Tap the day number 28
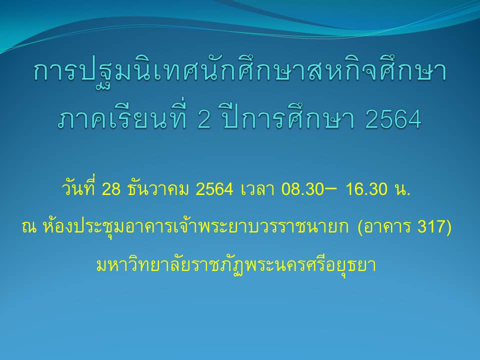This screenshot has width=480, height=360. pos(111,189)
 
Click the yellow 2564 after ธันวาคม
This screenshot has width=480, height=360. pos(214,189)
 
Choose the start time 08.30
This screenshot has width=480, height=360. pos(302,189)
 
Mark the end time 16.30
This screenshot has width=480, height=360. pos(366,189)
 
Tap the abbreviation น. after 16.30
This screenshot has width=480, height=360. pos(402,189)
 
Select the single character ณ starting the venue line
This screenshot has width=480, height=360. pos(29,227)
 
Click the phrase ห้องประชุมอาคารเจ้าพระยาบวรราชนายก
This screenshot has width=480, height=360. pos(195,226)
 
